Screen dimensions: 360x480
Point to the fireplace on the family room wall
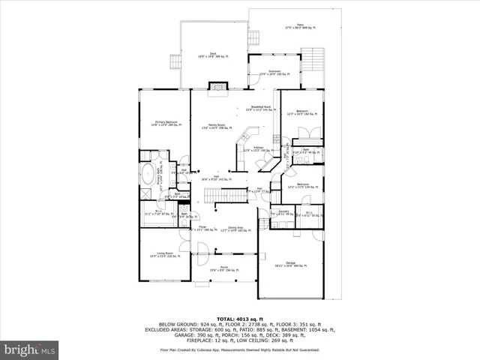(x=217, y=86)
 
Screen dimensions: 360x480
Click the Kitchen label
(x=257, y=149)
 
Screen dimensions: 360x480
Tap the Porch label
(x=223, y=268)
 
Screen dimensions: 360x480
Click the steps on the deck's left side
(x=176, y=61)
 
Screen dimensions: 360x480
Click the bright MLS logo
(x=30, y=349)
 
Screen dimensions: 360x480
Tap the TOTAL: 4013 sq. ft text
(x=240, y=319)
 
